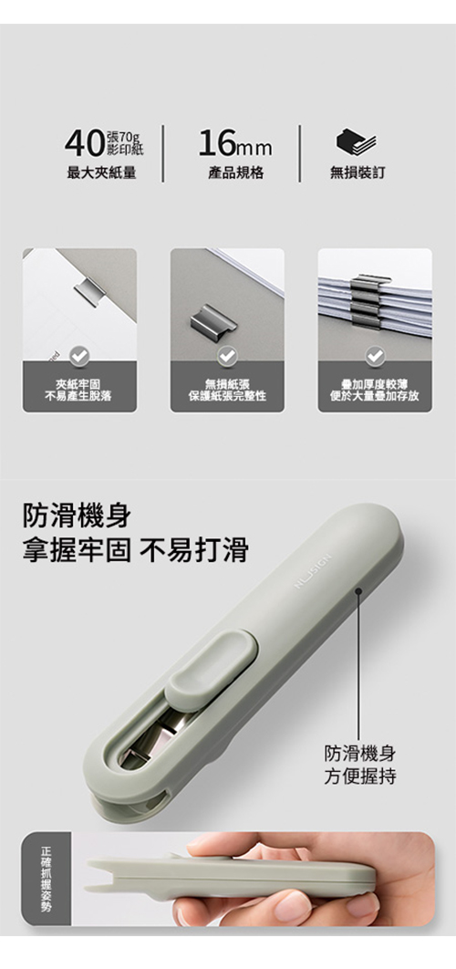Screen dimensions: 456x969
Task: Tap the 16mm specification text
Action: click(x=234, y=144)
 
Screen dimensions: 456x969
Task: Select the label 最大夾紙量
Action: click(x=101, y=173)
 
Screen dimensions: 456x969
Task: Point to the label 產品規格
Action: click(x=235, y=173)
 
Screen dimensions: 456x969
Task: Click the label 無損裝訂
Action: click(x=358, y=173)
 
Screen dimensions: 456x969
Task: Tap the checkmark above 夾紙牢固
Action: click(x=79, y=355)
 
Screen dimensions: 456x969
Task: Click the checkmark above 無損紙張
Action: click(x=227, y=355)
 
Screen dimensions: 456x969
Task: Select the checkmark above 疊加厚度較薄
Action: click(x=375, y=355)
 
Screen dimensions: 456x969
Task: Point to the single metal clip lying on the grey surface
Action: click(x=213, y=319)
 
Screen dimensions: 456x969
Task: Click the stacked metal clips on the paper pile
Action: click(x=370, y=301)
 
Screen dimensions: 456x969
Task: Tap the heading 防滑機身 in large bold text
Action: click(x=77, y=516)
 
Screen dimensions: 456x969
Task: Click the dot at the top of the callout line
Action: click(x=358, y=592)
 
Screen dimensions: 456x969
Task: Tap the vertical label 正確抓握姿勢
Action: click(x=46, y=878)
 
